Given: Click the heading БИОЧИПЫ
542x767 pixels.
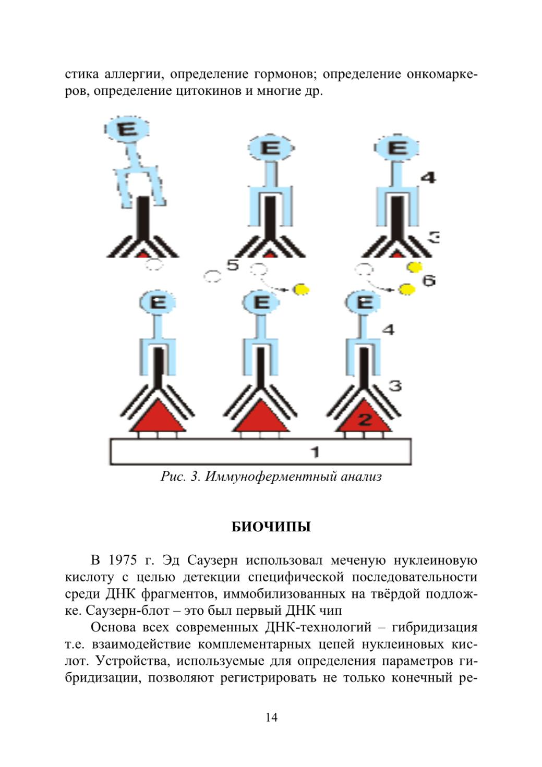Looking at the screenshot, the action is point(271,527).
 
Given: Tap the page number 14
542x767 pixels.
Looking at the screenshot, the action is point(271,717).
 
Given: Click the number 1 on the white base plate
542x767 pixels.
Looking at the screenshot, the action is point(315,452).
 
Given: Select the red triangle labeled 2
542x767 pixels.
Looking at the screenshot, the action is point(364,417).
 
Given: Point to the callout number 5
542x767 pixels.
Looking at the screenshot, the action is point(233,265).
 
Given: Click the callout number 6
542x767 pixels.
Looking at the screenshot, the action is point(428,280).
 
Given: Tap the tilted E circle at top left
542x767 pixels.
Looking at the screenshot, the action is point(127,129).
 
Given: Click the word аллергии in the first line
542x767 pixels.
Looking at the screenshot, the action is point(133,75).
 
